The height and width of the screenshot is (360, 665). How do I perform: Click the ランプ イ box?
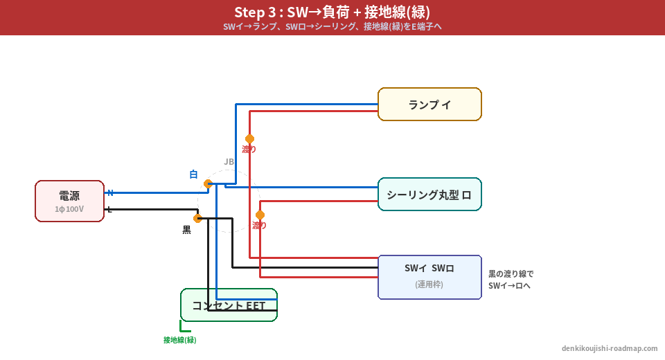(x=429, y=105)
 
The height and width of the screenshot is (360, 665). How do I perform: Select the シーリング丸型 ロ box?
(x=429, y=195)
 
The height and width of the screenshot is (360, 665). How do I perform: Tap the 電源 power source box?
(x=69, y=201)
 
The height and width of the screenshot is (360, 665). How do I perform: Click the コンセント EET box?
(x=229, y=305)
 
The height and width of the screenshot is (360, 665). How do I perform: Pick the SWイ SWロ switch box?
(x=429, y=277)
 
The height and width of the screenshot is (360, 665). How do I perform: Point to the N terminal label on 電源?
(x=110, y=192)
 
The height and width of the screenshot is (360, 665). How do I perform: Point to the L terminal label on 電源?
(x=109, y=209)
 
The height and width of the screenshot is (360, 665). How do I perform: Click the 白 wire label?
(x=193, y=174)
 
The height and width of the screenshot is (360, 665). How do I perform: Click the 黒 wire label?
(x=186, y=230)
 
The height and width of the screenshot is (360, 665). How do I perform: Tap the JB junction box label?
(x=229, y=162)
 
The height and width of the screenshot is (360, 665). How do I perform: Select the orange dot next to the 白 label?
(x=208, y=183)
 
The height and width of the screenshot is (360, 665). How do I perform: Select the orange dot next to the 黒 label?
(x=197, y=218)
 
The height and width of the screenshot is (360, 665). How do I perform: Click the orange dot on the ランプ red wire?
(x=249, y=138)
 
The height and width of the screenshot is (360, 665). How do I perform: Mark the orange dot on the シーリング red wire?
(x=260, y=215)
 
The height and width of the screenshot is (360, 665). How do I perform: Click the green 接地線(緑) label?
(x=180, y=340)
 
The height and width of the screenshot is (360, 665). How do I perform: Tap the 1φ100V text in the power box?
(x=69, y=209)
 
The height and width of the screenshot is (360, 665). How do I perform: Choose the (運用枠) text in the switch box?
(x=429, y=285)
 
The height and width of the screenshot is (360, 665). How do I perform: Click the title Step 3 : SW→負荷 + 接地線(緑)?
(x=332, y=12)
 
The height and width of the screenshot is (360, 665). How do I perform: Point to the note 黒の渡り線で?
(x=511, y=274)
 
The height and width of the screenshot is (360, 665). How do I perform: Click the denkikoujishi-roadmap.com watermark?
(x=610, y=349)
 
